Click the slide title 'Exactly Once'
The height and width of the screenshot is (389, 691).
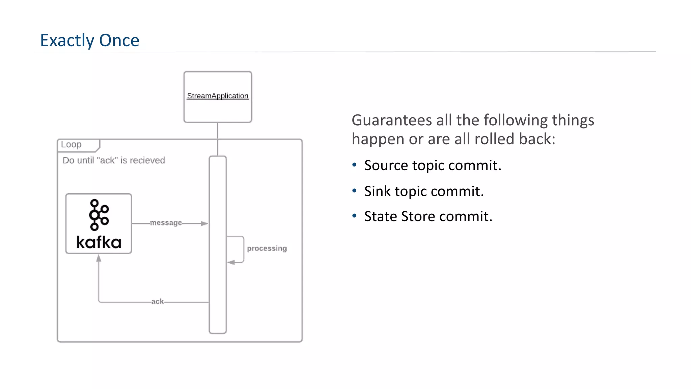coord(90,41)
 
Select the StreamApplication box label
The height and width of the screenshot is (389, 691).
coord(218,96)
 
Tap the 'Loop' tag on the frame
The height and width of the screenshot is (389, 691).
coord(71,145)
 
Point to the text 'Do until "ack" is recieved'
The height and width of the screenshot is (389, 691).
coord(114,160)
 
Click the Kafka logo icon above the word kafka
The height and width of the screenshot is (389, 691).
coord(99,215)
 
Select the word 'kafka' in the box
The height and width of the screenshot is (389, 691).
coord(99,242)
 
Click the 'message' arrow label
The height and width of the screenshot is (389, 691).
coord(166,223)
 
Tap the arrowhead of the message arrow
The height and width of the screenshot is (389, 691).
coord(204,224)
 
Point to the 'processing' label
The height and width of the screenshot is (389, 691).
coord(267,249)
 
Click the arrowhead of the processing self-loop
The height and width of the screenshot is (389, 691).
coord(231,262)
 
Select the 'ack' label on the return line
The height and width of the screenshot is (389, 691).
coord(157,301)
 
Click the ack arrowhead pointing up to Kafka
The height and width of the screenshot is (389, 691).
coord(99,259)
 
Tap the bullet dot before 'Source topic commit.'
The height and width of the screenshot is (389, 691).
coord(354,165)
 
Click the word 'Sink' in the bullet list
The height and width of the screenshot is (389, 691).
coord(377,191)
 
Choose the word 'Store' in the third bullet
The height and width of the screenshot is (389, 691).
coord(418,216)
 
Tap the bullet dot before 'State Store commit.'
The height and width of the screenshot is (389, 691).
coord(354,216)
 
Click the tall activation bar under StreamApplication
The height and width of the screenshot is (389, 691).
coord(218,244)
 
